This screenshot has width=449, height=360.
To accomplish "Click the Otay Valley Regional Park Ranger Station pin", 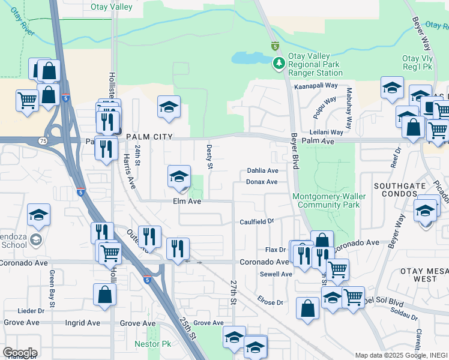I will (279, 63).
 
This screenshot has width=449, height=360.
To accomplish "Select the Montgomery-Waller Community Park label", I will (326, 200).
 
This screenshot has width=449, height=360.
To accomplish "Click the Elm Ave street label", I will (187, 202).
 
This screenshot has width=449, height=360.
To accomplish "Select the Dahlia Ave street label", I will (263, 171).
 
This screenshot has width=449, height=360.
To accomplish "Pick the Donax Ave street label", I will (262, 182).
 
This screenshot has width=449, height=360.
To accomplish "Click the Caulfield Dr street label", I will (257, 221).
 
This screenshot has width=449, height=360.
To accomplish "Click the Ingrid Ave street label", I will (83, 323).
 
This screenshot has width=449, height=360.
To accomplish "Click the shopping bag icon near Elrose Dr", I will (307, 308).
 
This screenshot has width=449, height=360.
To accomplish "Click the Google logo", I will (19, 353).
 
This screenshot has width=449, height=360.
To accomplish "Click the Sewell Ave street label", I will (276, 274).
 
